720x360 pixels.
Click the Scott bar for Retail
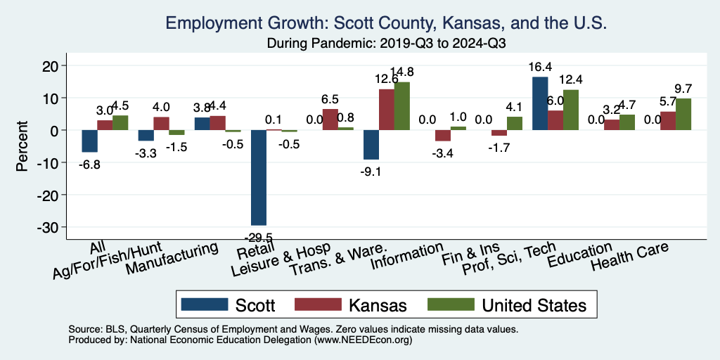(259, 177)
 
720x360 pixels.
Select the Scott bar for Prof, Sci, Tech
(540, 103)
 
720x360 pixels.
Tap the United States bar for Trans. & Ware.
(401, 106)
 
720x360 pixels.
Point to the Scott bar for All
(89, 141)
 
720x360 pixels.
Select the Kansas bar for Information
(442, 136)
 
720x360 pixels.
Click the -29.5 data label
(259, 235)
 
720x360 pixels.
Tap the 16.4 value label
(540, 67)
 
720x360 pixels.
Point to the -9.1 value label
(371, 169)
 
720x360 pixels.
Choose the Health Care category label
(629, 258)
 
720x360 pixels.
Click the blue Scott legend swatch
(205, 304)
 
